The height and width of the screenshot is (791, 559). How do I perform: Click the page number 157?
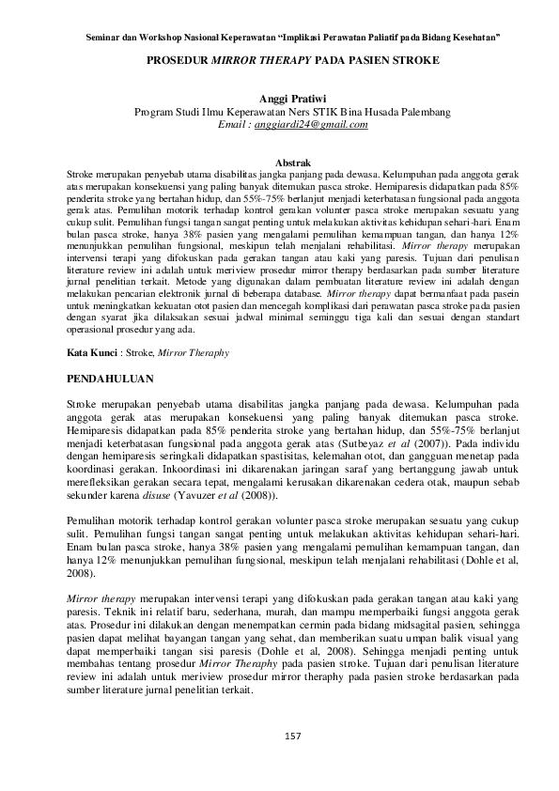tap(292, 734)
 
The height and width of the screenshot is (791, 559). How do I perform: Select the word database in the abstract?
tap(292, 292)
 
